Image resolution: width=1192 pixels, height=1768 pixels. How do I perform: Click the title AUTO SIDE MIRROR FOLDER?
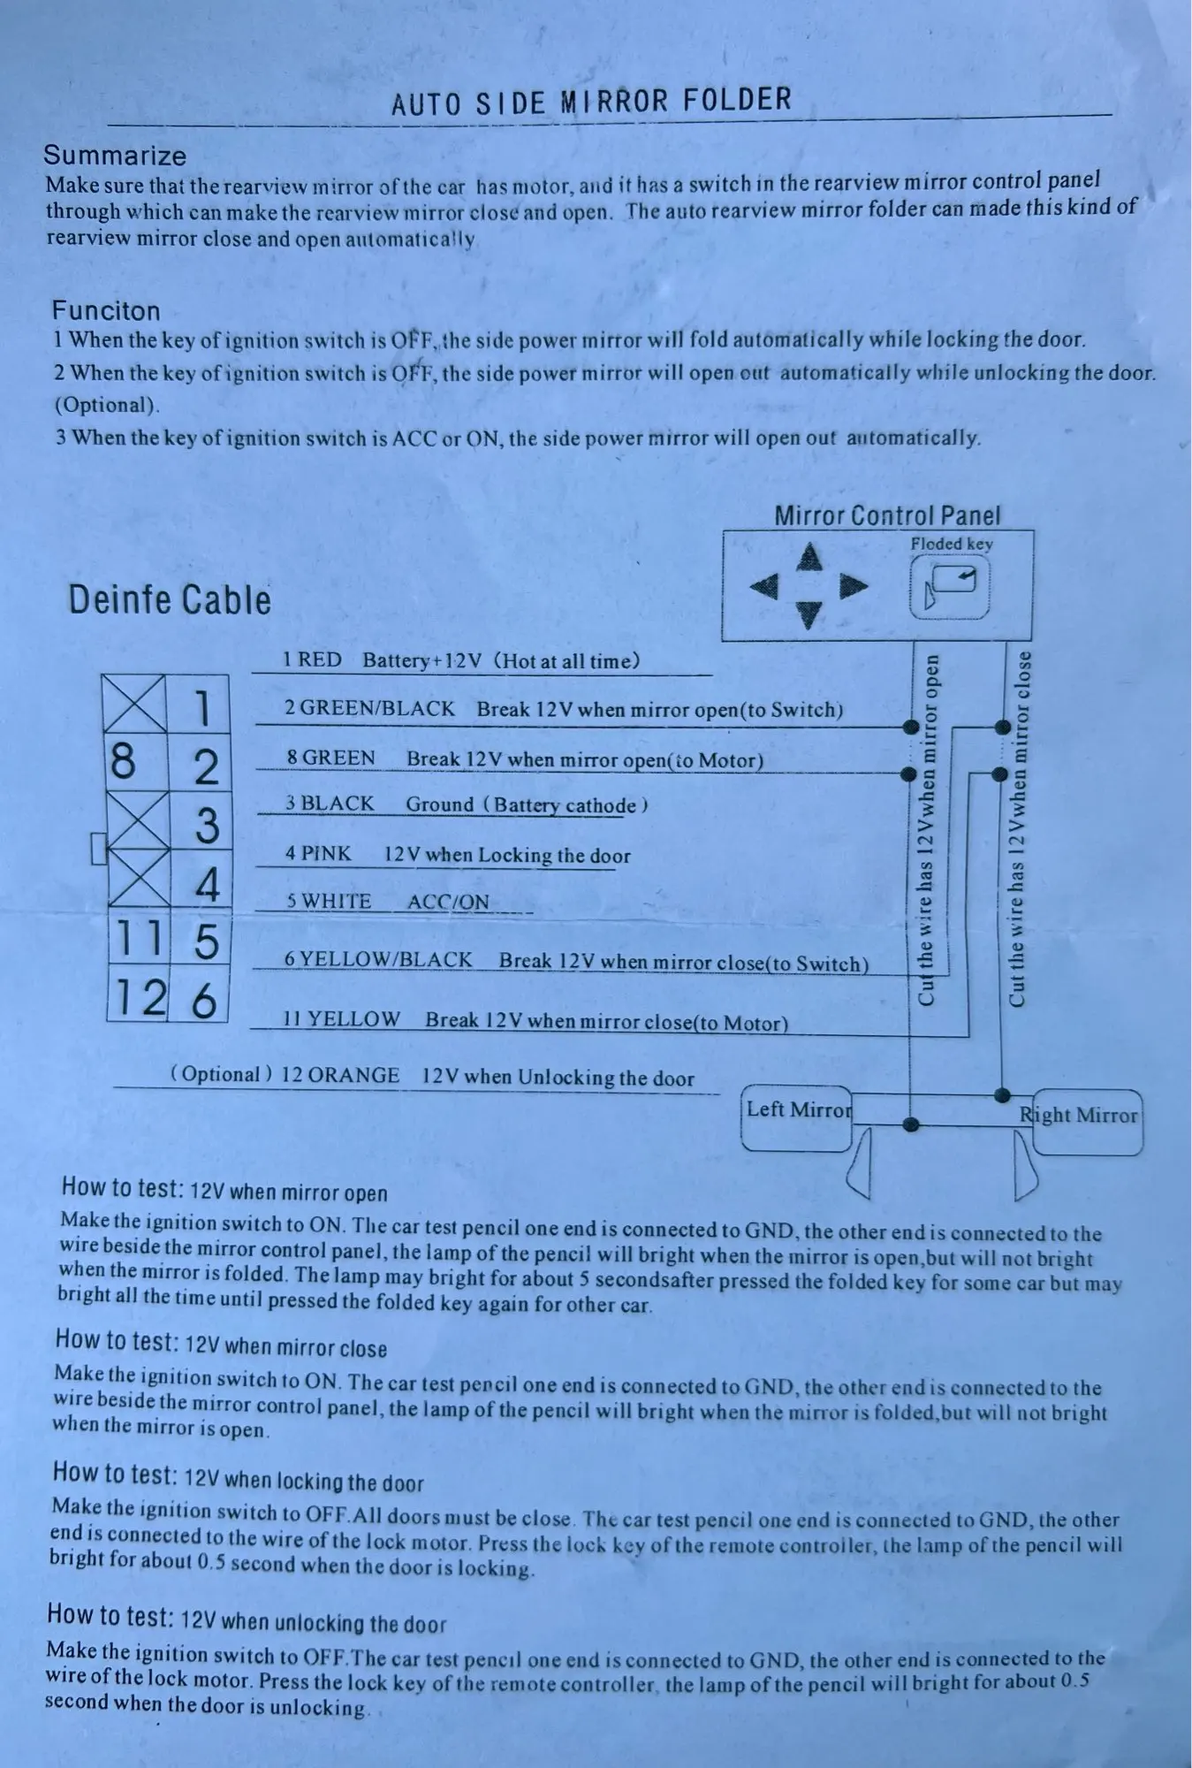tap(591, 102)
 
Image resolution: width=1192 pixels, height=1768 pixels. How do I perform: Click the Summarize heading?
tap(115, 156)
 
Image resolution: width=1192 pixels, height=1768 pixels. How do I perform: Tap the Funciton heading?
tap(106, 310)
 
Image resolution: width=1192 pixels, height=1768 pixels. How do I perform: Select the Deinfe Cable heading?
tap(170, 600)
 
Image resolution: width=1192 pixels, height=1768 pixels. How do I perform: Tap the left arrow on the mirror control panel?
tap(765, 585)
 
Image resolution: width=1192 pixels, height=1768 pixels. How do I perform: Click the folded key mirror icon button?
tap(949, 591)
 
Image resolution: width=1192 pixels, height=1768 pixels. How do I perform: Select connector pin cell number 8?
tap(135, 762)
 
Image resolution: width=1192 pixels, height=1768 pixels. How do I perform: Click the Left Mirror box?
tap(797, 1118)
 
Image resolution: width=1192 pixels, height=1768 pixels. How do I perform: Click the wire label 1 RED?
tap(312, 659)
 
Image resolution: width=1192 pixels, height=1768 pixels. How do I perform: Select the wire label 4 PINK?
tap(317, 854)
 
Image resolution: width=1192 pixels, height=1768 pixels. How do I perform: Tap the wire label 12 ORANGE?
tap(340, 1075)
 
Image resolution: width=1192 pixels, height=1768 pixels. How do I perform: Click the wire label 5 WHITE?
tap(328, 902)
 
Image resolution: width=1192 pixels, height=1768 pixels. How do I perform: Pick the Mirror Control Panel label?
tap(887, 515)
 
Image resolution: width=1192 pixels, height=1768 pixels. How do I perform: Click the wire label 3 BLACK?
tap(329, 804)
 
